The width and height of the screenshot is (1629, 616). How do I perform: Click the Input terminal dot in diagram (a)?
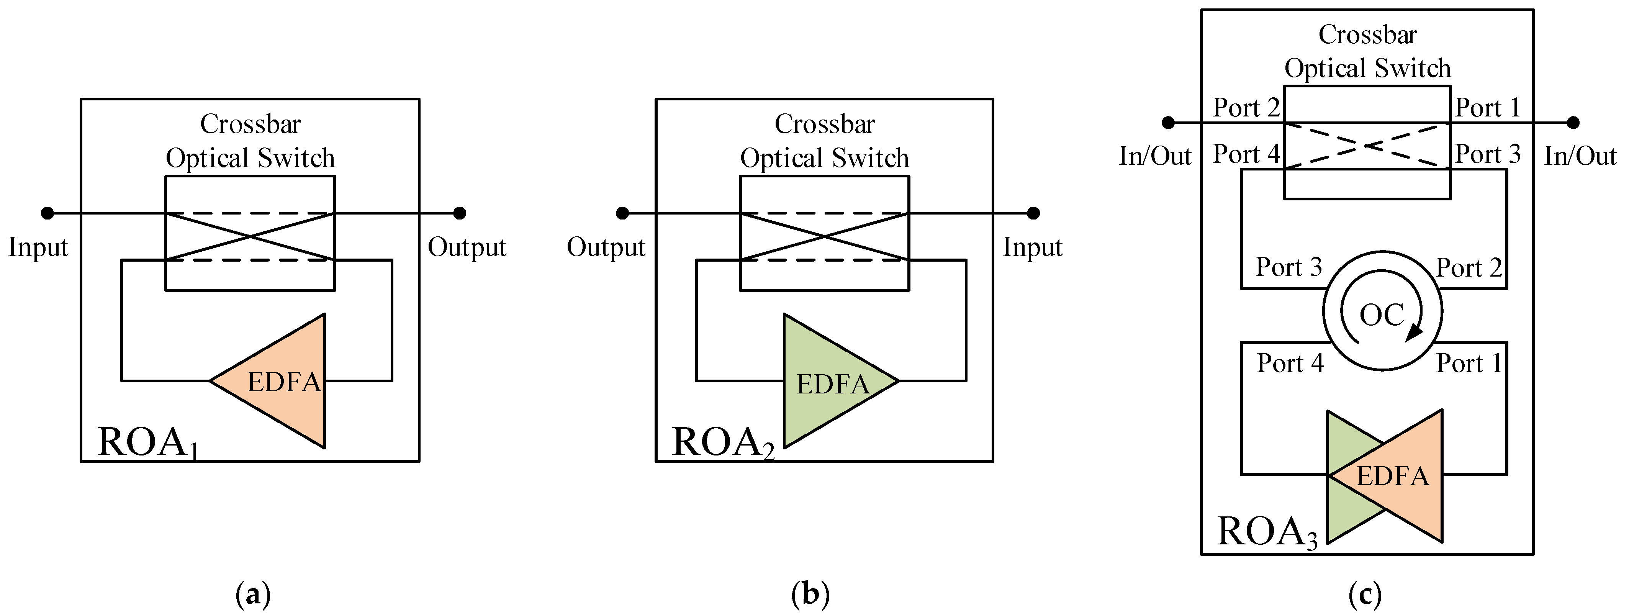point(47,213)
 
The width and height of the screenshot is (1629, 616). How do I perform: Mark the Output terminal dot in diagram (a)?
point(460,213)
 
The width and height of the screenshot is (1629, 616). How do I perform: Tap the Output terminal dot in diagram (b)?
point(622,213)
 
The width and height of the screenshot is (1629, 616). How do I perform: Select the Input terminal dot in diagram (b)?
point(1033,213)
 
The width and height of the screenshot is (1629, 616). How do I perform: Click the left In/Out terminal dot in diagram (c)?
point(1169,123)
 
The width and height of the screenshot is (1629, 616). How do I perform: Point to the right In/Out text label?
point(1580,156)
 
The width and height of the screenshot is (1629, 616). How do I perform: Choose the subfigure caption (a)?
point(253,595)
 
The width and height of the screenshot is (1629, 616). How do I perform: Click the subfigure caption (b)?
point(810,595)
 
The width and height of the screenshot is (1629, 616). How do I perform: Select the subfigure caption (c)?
point(1365,595)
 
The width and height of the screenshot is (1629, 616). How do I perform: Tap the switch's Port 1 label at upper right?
point(1487,108)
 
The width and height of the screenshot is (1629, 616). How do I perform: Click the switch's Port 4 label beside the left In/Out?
point(1246,154)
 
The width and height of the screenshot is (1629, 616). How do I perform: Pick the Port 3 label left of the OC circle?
point(1288,267)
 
